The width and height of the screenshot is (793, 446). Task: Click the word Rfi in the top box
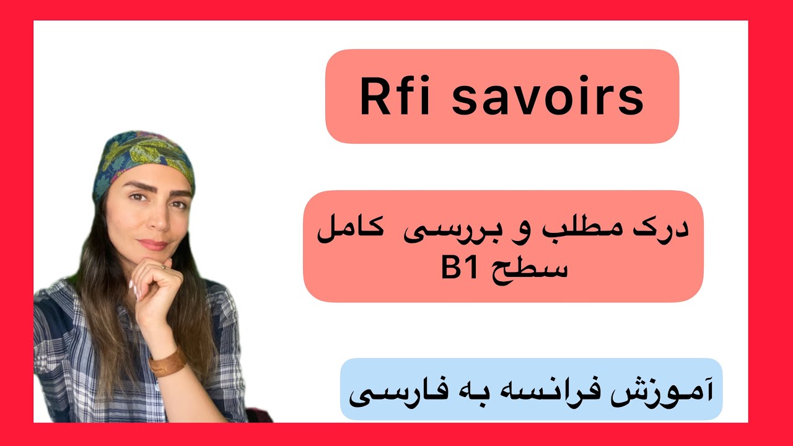393,97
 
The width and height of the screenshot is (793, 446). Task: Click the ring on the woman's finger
163,266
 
